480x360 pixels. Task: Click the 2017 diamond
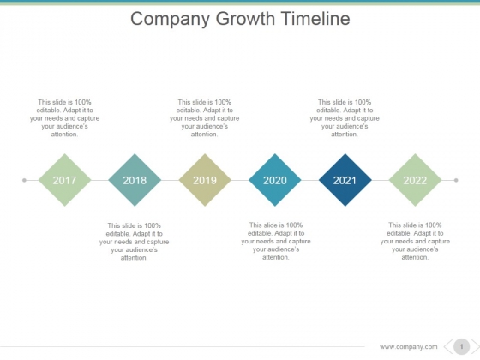tap(64, 180)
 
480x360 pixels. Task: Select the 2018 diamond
tap(135, 180)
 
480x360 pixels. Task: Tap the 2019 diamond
tap(205, 180)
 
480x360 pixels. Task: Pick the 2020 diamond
tap(275, 180)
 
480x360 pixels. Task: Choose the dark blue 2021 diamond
tap(345, 180)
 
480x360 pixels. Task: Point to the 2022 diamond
tap(415, 180)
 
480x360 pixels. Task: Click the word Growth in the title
tap(245, 19)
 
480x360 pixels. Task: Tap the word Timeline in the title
tap(315, 18)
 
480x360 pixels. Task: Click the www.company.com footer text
tap(408, 347)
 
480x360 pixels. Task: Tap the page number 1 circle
tap(461, 347)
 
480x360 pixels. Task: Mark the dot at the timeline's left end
tap(24, 180)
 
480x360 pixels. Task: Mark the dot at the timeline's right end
tap(456, 180)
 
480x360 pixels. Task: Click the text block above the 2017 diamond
tap(64, 118)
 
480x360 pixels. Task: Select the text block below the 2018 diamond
tap(134, 242)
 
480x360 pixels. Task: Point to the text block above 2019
tap(205, 118)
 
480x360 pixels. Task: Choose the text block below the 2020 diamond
tap(276, 241)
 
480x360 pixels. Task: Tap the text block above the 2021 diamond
tap(345, 118)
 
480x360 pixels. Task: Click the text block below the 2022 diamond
tap(415, 241)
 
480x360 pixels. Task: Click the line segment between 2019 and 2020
tap(240, 180)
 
